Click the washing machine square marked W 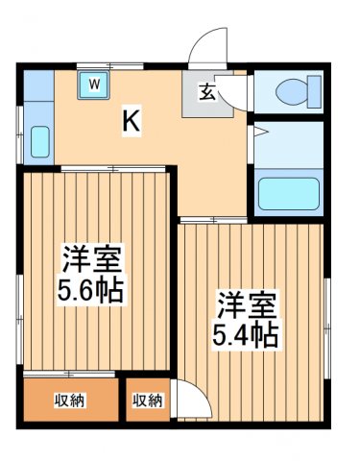pyautogui.click(x=93, y=85)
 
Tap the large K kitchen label pyautogui.click(x=132, y=121)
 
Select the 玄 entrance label pyautogui.click(x=207, y=92)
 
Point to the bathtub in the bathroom pyautogui.click(x=289, y=194)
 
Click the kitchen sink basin pyautogui.click(x=40, y=141)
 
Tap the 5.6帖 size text pyautogui.click(x=90, y=291)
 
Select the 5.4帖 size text pyautogui.click(x=246, y=335)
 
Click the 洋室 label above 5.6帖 pyautogui.click(x=92, y=258)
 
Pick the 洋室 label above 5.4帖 pyautogui.click(x=247, y=304)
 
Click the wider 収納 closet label pyautogui.click(x=69, y=400)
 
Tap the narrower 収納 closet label pyautogui.click(x=148, y=400)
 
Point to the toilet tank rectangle pyautogui.click(x=314, y=92)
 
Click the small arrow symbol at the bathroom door pyautogui.click(x=260, y=132)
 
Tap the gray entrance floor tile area pyautogui.click(x=207, y=94)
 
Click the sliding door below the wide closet pyautogui.click(x=69, y=374)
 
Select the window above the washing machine pyautogui.click(x=109, y=66)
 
